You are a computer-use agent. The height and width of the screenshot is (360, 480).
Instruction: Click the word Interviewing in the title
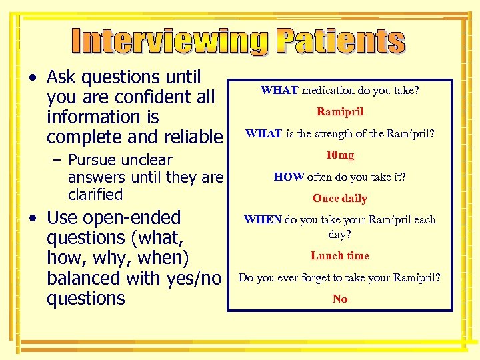[170, 41]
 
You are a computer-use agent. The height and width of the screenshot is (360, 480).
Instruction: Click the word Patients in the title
[341, 41]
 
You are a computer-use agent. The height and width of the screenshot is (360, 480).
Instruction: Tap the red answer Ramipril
[340, 111]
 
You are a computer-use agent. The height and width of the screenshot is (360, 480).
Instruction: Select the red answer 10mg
[340, 155]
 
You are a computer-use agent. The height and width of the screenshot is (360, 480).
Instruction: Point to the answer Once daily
[340, 198]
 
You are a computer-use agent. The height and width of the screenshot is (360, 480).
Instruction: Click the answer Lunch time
[340, 255]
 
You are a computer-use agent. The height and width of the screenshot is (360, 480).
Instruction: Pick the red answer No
[340, 299]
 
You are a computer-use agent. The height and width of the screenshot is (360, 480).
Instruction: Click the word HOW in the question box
[289, 177]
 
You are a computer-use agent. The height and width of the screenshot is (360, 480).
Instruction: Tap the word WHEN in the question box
[263, 219]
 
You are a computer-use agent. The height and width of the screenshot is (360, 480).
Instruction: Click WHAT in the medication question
[279, 90]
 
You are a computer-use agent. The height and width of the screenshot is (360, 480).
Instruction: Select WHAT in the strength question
[264, 133]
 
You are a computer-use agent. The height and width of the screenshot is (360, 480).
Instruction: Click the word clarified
[95, 195]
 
